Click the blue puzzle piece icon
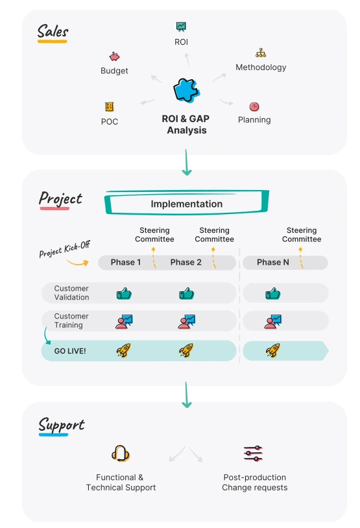(x=187, y=90)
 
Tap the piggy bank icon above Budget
(x=115, y=56)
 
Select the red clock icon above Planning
(x=254, y=107)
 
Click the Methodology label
(x=261, y=67)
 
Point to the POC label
(x=110, y=121)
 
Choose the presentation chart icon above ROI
(x=181, y=27)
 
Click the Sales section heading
(x=53, y=32)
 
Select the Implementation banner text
(x=187, y=204)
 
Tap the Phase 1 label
(x=126, y=262)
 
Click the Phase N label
(x=273, y=262)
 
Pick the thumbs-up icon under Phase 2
(x=187, y=294)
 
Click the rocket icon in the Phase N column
(x=273, y=350)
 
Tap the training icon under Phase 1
(x=124, y=322)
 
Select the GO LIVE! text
(x=70, y=351)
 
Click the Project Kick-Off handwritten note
(x=65, y=249)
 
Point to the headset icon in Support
(x=121, y=453)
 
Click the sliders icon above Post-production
(x=253, y=453)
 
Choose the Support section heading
(x=61, y=424)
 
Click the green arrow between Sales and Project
(x=187, y=162)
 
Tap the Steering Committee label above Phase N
(x=302, y=235)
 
